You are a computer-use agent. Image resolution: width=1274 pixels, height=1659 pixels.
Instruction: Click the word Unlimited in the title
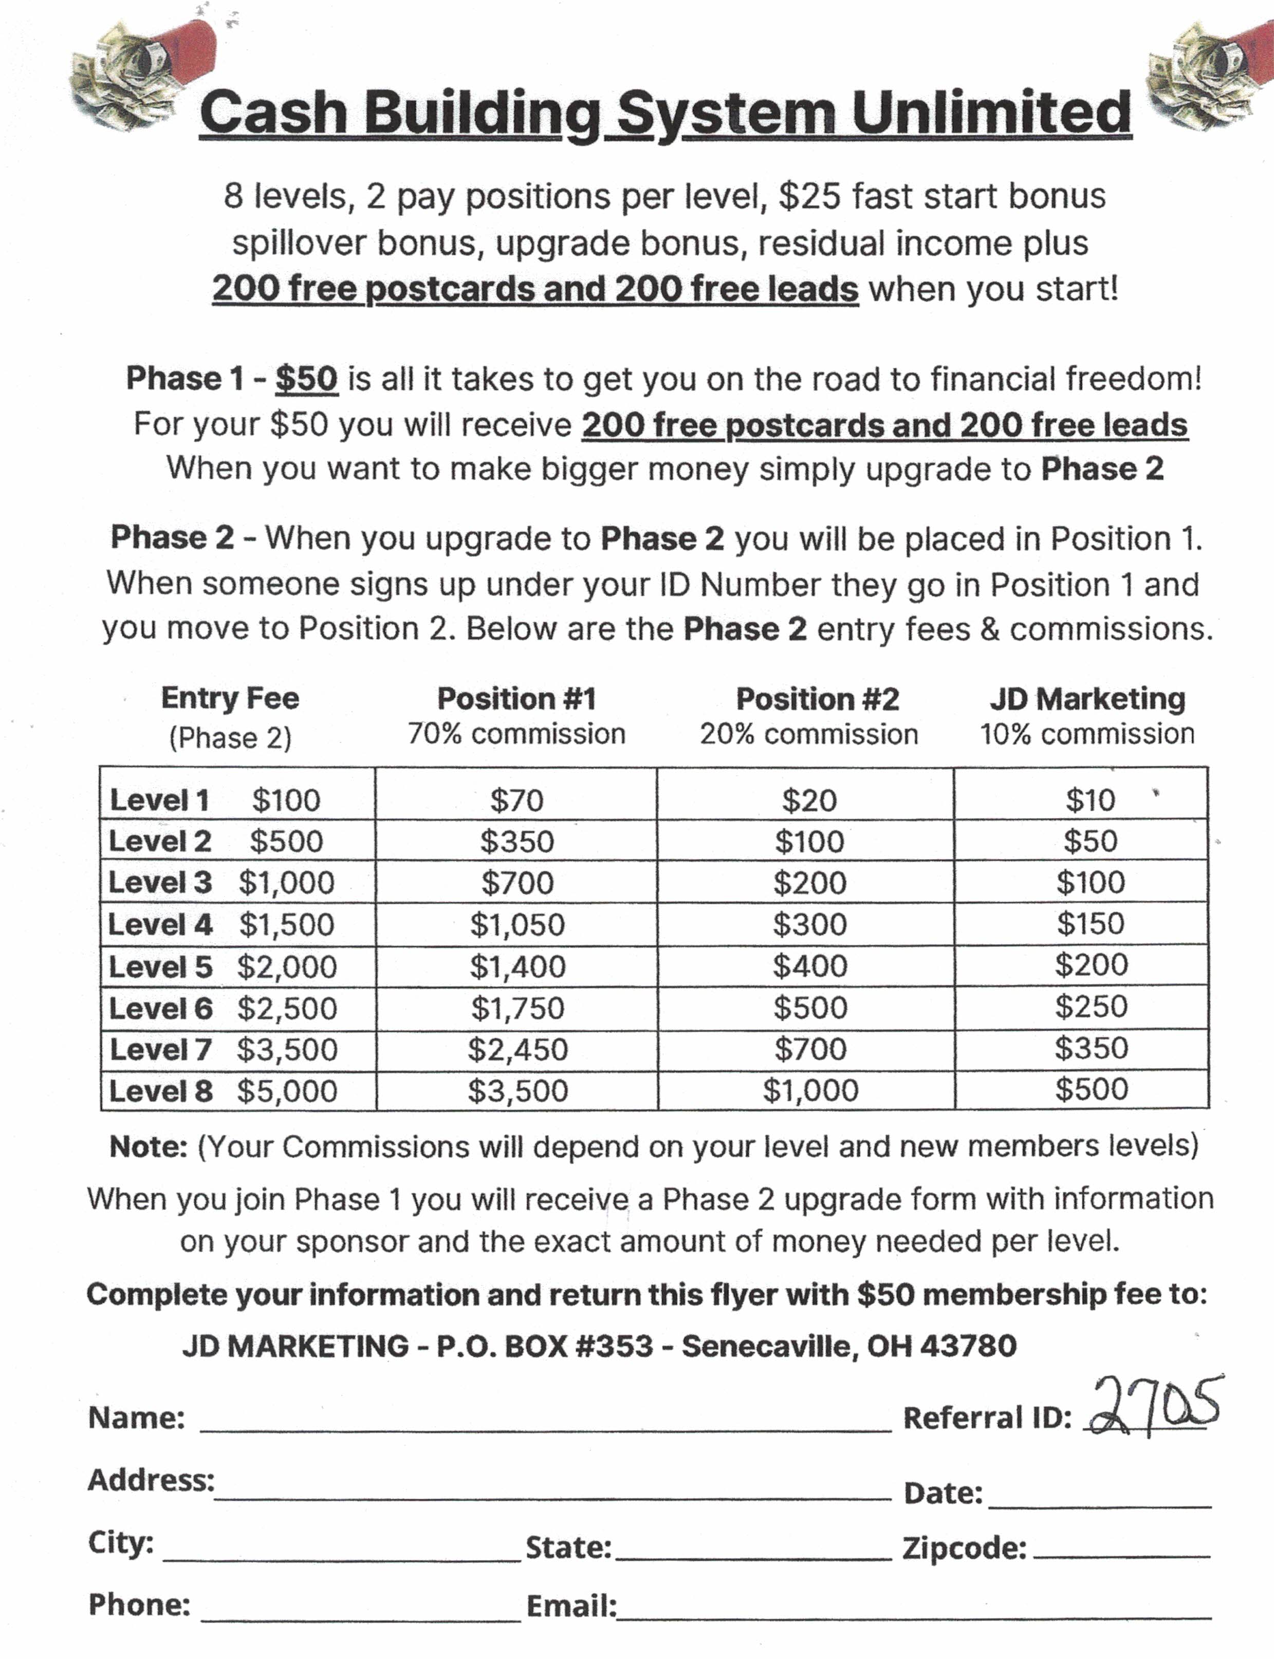pyautogui.click(x=991, y=112)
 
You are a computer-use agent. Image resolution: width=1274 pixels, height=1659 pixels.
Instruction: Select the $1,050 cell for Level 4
pyautogui.click(x=517, y=924)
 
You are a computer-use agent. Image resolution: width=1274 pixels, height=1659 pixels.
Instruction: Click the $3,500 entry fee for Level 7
pyautogui.click(x=287, y=1049)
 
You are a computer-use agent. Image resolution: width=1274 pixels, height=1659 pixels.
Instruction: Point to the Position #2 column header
pyautogui.click(x=817, y=698)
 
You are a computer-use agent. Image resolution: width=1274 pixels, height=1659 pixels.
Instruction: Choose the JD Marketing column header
pyautogui.click(x=1087, y=698)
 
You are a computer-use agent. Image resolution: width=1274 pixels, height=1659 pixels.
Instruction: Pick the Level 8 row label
pyautogui.click(x=161, y=1091)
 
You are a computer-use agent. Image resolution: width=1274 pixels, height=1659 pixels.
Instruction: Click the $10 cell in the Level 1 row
pyautogui.click(x=1090, y=800)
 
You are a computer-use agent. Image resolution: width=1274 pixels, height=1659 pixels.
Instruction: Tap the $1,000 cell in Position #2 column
pyautogui.click(x=810, y=1090)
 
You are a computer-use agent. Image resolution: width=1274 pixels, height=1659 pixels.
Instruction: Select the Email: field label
pyautogui.click(x=571, y=1605)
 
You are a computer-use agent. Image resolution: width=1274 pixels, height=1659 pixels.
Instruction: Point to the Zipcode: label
pyautogui.click(x=964, y=1548)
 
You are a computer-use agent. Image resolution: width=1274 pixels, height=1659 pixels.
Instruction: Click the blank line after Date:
pyautogui.click(x=1100, y=1501)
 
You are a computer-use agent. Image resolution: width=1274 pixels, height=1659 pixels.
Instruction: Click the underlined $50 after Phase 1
pyautogui.click(x=306, y=378)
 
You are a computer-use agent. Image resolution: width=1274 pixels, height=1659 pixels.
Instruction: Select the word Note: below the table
pyautogui.click(x=149, y=1146)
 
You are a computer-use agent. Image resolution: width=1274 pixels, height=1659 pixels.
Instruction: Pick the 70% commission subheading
pyautogui.click(x=516, y=734)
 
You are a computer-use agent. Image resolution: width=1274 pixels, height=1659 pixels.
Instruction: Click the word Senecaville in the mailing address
pyautogui.click(x=769, y=1346)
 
